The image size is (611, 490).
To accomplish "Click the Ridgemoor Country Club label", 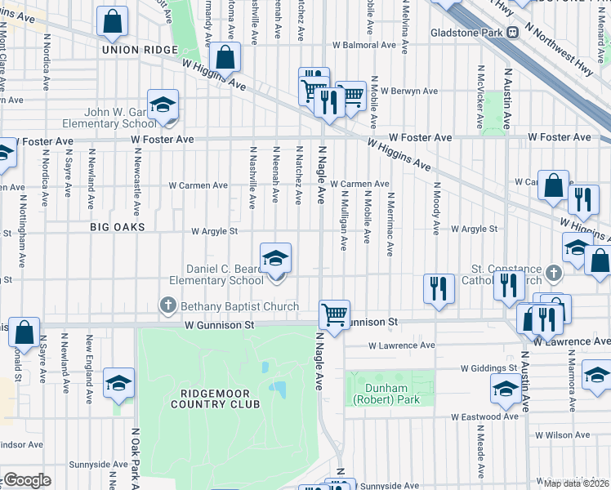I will (214, 398).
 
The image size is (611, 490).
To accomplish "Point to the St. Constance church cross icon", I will (553, 271).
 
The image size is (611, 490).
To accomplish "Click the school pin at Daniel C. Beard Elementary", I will (275, 260).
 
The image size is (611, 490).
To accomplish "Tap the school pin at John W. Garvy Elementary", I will (163, 105).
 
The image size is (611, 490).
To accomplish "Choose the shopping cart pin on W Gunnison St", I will (334, 314).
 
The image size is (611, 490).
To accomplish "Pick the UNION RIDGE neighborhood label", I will (140, 50).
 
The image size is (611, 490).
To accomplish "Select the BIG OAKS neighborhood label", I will (118, 226).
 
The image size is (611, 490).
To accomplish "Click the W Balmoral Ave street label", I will (357, 45).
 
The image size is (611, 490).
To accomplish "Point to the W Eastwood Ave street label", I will (485, 416).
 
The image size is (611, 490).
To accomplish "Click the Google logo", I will (27, 480).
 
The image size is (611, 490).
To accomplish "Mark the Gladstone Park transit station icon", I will (513, 33).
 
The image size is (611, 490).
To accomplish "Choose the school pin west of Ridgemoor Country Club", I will (118, 384).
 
